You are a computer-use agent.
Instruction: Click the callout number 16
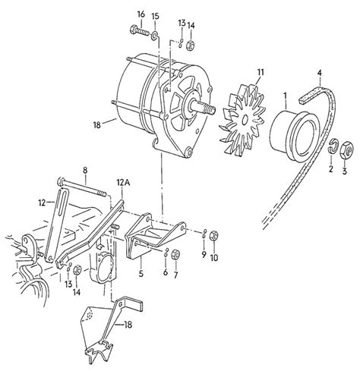click(141, 14)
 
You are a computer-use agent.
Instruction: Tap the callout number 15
click(155, 17)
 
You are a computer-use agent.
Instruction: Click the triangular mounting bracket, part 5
click(147, 232)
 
